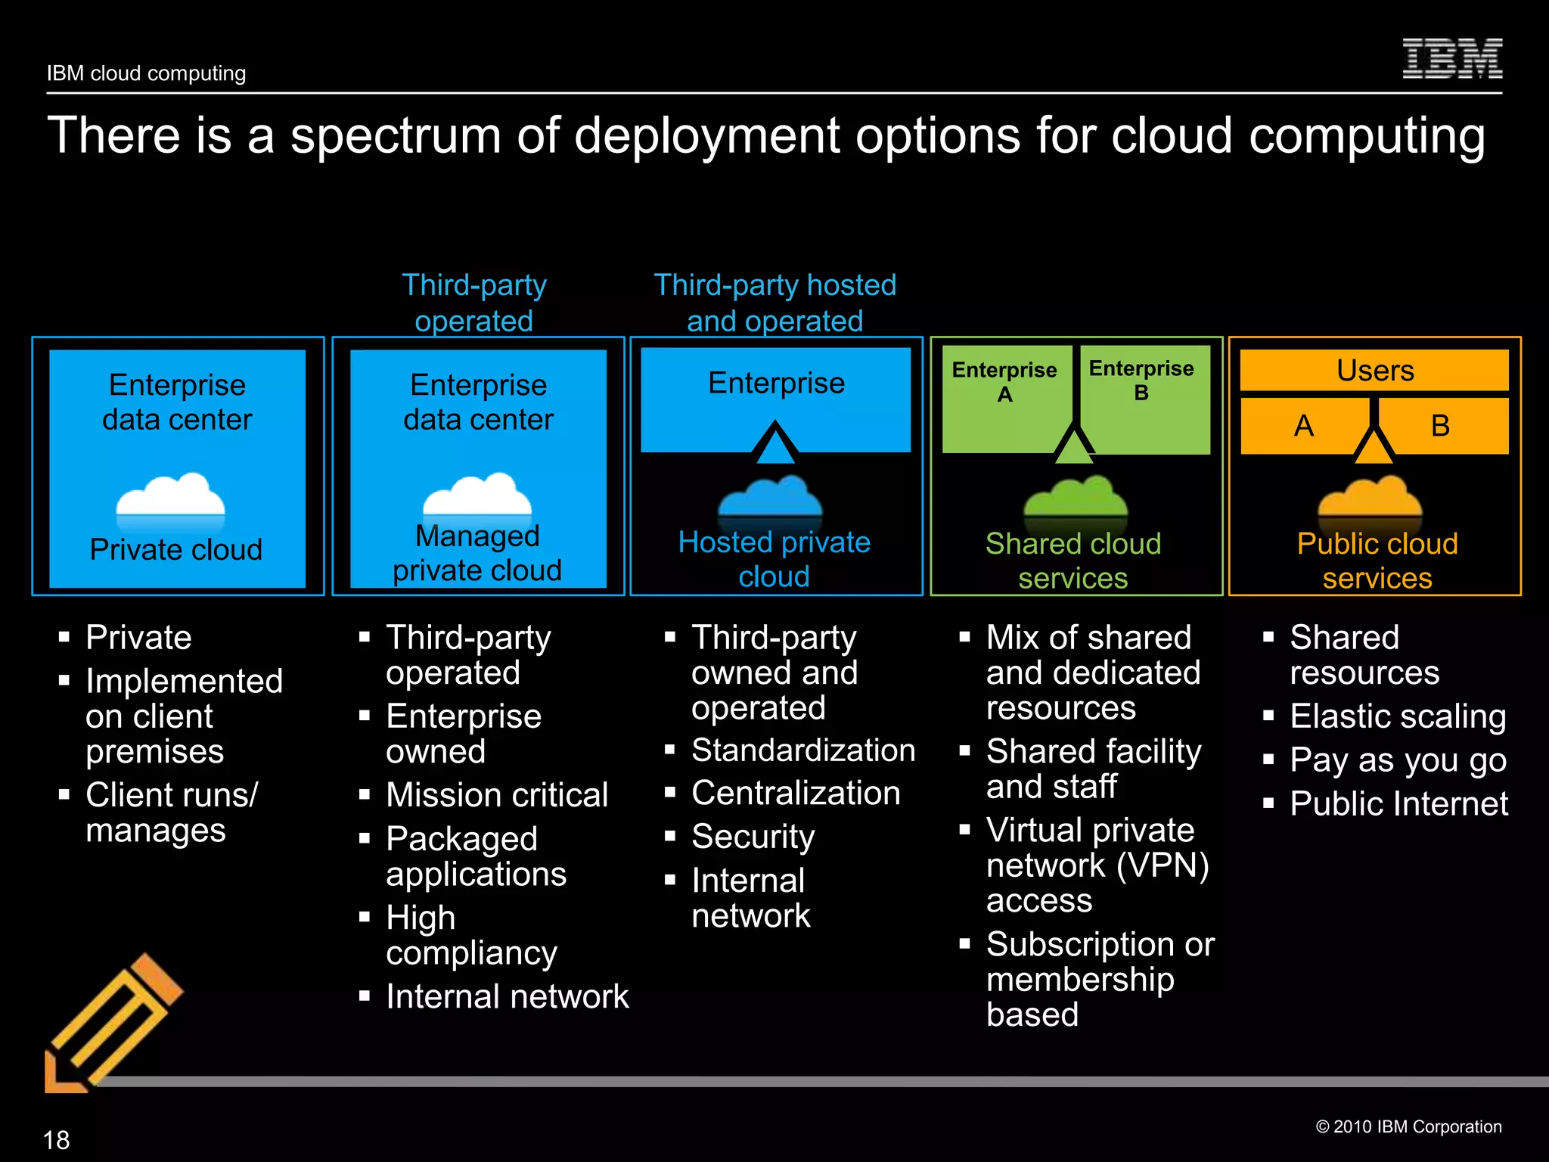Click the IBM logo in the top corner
pyautogui.click(x=1451, y=59)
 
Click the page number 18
pyautogui.click(x=56, y=1139)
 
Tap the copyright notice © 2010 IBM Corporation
pyautogui.click(x=1408, y=1126)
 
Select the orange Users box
pyautogui.click(x=1374, y=371)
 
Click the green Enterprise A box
pyautogui.click(x=1004, y=397)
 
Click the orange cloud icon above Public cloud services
pyautogui.click(x=1370, y=499)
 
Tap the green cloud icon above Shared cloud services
pyautogui.click(x=1075, y=499)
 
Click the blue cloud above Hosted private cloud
pyautogui.click(x=770, y=499)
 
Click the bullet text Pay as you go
pyautogui.click(x=1398, y=760)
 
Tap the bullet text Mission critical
pyautogui.click(x=497, y=795)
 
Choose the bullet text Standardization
pyautogui.click(x=803, y=750)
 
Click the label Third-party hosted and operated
pyautogui.click(x=774, y=303)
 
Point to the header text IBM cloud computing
pyautogui.click(x=146, y=73)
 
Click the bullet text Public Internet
pyautogui.click(x=1398, y=803)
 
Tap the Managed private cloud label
pyautogui.click(x=477, y=553)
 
